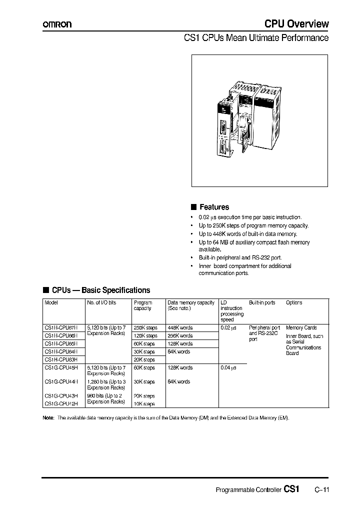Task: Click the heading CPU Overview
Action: pos(296,23)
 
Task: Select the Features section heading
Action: pos(214,207)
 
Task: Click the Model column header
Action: pos(51,302)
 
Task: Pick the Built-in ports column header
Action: pos(262,302)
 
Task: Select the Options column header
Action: pos(294,302)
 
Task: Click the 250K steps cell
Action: pos(145,328)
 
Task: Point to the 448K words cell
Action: pos(180,328)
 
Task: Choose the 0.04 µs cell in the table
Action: pos(228,367)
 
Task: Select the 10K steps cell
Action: pos(144,403)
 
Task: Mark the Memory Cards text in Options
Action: pos(301,328)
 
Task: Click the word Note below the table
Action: pos(48,417)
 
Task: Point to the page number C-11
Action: pos(321,490)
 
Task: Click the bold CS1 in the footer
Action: pos(291,489)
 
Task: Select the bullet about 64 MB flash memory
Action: pos(254,245)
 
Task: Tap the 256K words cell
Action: pos(180,336)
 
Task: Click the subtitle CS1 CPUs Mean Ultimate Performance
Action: pos(256,38)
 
